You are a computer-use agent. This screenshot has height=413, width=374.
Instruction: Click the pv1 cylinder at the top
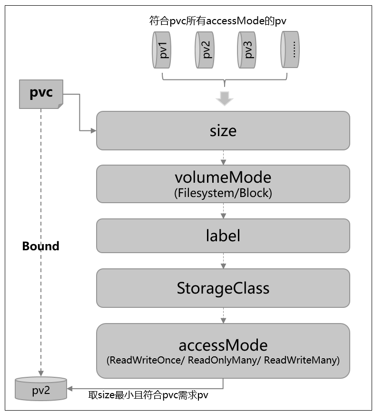(x=161, y=50)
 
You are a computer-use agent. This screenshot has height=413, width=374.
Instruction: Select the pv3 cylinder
(x=247, y=50)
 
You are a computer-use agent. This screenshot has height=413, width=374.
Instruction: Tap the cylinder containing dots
(x=290, y=49)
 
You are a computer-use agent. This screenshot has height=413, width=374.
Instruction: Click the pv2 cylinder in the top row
(x=205, y=50)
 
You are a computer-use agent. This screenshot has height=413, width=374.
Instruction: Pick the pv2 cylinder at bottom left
(x=41, y=389)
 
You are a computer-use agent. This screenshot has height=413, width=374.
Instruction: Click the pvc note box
(x=41, y=94)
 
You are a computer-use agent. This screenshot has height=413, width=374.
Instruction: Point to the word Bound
(x=40, y=246)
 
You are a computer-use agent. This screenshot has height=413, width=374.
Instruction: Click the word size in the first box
(x=223, y=131)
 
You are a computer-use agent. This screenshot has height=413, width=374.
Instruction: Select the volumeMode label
(x=223, y=177)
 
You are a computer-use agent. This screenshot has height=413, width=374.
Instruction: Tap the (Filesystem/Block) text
(x=223, y=193)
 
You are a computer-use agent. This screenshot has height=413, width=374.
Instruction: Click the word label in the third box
(x=223, y=236)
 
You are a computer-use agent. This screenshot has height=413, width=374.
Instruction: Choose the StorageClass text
(x=223, y=288)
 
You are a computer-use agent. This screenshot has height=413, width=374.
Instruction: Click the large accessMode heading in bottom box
(x=223, y=345)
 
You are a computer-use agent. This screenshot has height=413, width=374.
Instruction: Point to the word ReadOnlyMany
(x=222, y=360)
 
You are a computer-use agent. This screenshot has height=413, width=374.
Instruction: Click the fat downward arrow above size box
(x=225, y=98)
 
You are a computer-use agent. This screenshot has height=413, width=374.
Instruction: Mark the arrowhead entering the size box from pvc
(x=93, y=131)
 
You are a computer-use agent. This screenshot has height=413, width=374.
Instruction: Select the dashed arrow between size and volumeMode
(x=223, y=157)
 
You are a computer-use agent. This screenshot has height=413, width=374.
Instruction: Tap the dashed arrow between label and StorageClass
(x=223, y=261)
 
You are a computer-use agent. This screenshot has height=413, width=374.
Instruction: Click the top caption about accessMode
(x=217, y=21)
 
